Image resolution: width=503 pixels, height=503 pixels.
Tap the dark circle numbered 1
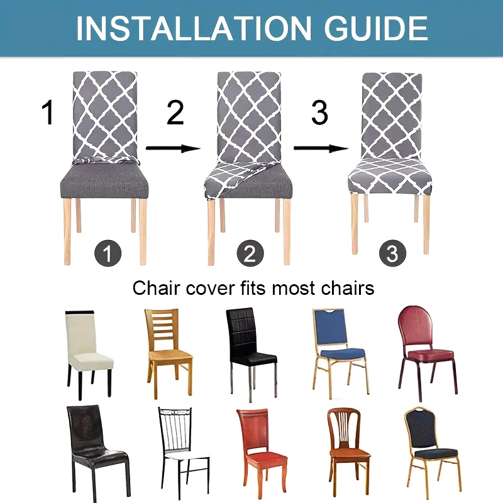108,253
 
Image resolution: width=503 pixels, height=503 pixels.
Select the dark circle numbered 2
250,253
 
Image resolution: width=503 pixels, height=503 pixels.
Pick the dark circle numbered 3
392,253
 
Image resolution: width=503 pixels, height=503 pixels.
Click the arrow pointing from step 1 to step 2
173,148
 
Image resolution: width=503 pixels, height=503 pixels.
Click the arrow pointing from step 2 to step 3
321,148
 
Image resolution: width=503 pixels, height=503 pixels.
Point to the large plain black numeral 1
48,112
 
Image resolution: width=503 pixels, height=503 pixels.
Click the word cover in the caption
210,288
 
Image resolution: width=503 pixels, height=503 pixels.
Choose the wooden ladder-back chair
169,352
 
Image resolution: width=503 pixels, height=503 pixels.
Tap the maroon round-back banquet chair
427,353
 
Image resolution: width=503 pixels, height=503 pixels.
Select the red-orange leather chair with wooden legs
262,451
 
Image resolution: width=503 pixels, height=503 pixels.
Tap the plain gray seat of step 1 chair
104,180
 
